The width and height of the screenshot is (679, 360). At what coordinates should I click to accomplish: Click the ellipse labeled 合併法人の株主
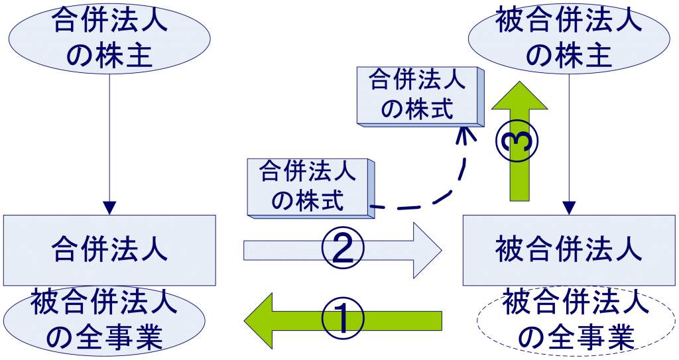click(109, 38)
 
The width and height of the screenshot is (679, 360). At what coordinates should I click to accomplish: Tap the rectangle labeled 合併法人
click(109, 251)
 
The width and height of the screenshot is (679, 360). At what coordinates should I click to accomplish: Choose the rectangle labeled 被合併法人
click(568, 251)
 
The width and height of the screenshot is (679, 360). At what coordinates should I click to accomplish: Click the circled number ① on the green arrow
click(343, 320)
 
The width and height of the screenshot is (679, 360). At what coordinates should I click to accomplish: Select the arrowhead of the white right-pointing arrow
click(428, 250)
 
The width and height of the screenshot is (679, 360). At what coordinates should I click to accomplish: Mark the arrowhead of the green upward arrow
click(519, 97)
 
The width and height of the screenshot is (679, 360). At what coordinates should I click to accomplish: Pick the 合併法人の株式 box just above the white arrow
click(308, 186)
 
